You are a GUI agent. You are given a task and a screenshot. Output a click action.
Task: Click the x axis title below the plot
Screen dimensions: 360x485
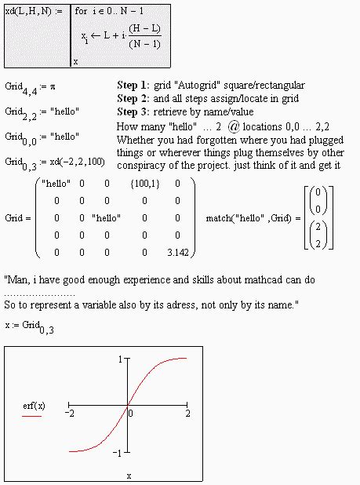point(129,476)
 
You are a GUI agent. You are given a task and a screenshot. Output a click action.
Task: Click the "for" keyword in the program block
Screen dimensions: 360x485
point(82,12)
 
